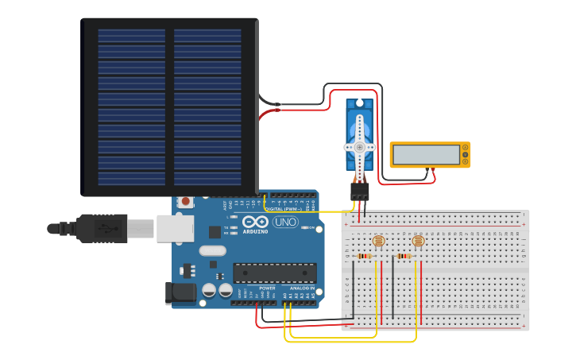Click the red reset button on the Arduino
click(185, 201)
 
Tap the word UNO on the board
click(285, 222)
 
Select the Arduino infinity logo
click(256, 222)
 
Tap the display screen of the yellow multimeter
click(427, 155)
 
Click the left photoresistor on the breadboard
click(378, 240)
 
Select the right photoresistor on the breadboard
click(418, 240)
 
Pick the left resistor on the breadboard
click(365, 256)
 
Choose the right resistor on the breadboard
click(404, 256)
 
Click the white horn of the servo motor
click(359, 149)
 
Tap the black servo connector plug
click(360, 192)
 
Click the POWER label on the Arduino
click(267, 288)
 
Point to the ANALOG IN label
click(301, 288)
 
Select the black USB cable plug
click(99, 228)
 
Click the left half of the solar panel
click(132, 107)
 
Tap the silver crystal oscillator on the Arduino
click(212, 251)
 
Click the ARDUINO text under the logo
click(256, 231)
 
